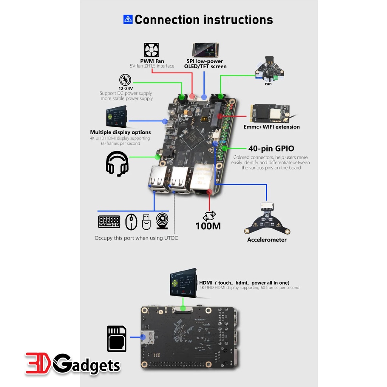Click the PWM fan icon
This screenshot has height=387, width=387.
click(x=151, y=50)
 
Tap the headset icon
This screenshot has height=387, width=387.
click(x=117, y=164)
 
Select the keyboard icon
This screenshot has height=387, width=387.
click(x=109, y=222)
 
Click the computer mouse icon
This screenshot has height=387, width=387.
click(x=131, y=222)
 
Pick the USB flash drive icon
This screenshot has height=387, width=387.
click(x=146, y=222)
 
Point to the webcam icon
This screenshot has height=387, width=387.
click(x=163, y=222)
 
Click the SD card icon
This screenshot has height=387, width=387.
click(x=117, y=339)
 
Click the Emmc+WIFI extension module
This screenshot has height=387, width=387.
click(x=269, y=113)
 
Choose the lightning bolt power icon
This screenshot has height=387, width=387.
click(x=125, y=80)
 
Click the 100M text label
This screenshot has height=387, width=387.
click(x=208, y=226)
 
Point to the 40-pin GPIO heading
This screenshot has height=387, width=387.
click(x=271, y=149)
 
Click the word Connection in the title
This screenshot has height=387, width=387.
click(x=167, y=20)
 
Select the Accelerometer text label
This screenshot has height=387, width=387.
click(x=267, y=240)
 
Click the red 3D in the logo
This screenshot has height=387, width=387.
click(x=38, y=364)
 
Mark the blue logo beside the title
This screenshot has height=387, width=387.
click(x=128, y=19)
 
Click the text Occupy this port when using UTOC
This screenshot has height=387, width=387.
click(x=136, y=238)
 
